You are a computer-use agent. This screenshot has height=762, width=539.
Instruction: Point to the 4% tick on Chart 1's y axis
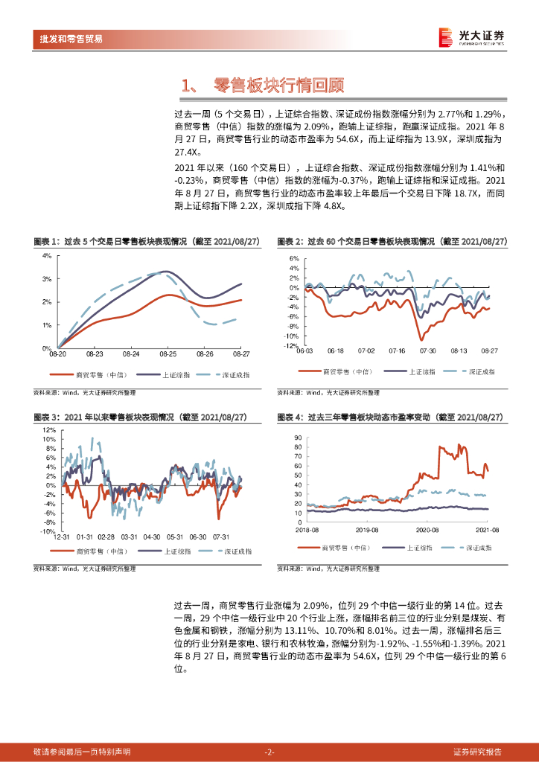pyautogui.click(x=45, y=255)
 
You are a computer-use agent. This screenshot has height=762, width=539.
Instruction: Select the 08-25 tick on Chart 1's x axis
pyautogui.click(x=168, y=355)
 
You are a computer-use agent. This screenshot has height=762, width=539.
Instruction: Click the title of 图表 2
pyautogui.click(x=392, y=242)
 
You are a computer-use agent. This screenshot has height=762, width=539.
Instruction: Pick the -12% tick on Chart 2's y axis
pyautogui.click(x=291, y=346)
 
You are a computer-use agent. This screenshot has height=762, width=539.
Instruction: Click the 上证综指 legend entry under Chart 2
pyautogui.click(x=421, y=371)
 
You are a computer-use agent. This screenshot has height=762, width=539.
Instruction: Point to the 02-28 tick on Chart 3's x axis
pyautogui.click(x=106, y=537)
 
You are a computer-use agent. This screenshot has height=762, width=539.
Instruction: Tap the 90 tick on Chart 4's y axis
pyautogui.click(x=298, y=438)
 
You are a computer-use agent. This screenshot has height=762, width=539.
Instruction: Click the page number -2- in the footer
pyautogui.click(x=269, y=752)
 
